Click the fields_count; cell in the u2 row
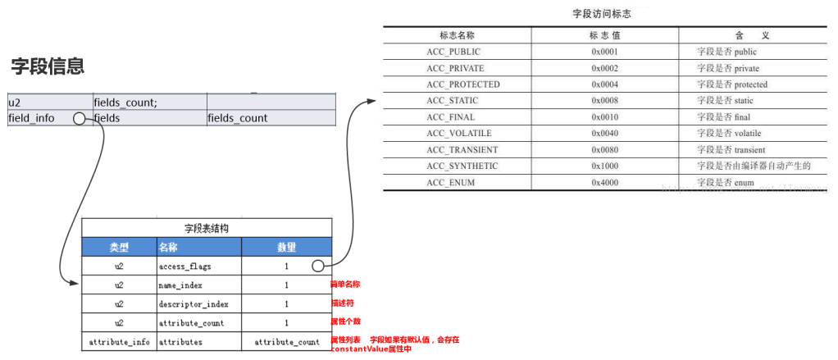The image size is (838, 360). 125,103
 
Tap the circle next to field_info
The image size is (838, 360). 80,119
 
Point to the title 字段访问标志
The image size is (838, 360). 601,14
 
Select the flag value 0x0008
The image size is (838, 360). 604,101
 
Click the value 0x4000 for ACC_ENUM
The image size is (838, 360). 604,182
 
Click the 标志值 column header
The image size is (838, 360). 604,36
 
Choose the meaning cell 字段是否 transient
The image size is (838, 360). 731,150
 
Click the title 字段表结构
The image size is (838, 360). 207,228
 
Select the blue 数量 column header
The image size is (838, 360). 286,247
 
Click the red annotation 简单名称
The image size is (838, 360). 345,285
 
